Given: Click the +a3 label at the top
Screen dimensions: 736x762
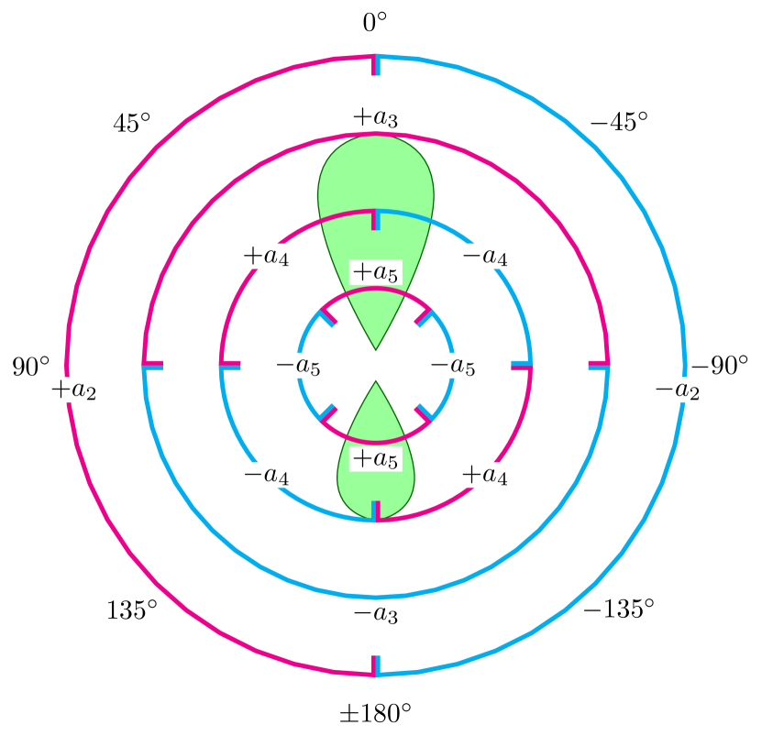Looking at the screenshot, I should click(x=375, y=118).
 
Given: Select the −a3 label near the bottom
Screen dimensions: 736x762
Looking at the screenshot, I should click(x=375, y=613).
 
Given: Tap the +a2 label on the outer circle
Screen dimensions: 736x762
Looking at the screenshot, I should click(x=73, y=390).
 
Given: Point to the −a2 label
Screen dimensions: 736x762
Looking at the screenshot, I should click(x=677, y=390).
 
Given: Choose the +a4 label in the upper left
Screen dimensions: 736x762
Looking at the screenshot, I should click(x=266, y=256).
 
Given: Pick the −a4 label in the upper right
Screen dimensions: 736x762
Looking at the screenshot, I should click(x=485, y=256).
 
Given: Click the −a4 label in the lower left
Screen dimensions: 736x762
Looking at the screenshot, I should click(x=266, y=475).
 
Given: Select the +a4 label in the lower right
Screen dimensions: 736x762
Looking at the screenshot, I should click(x=485, y=475).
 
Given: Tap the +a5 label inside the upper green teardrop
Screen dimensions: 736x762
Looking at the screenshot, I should click(x=375, y=272).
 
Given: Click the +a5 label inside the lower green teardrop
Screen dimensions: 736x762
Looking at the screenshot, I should click(x=375, y=459).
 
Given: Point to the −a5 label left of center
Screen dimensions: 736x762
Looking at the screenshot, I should click(x=299, y=366).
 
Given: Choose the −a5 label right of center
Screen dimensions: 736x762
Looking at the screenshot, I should click(x=453, y=366).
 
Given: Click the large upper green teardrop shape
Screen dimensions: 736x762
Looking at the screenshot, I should click(x=375, y=183).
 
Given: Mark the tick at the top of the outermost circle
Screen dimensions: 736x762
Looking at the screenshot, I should click(x=376, y=65).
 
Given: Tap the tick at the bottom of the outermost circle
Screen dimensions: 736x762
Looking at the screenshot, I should click(x=376, y=665).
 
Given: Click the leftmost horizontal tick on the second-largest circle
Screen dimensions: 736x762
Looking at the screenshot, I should click(x=153, y=366).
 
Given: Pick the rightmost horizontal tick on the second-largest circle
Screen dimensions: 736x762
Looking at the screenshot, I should click(x=599, y=366).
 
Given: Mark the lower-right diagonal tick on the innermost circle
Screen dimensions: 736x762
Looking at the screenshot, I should click(x=424, y=413).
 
